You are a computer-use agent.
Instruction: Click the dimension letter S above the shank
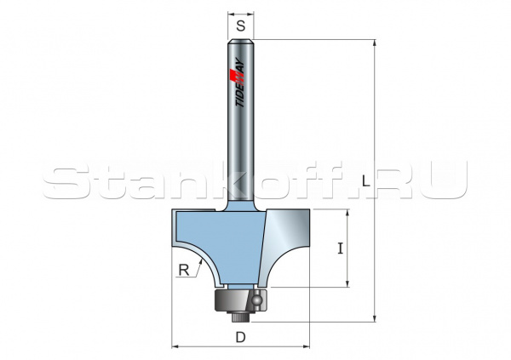click(242, 26)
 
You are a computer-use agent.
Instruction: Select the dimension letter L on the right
click(365, 180)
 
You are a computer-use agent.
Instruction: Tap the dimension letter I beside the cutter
click(340, 249)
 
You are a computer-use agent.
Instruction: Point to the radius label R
click(183, 271)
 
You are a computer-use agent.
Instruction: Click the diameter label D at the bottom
click(241, 337)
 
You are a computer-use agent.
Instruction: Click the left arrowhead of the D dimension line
click(176, 347)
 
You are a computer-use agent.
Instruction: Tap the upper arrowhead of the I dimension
click(347, 213)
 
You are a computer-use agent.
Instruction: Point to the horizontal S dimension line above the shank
click(242, 14)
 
